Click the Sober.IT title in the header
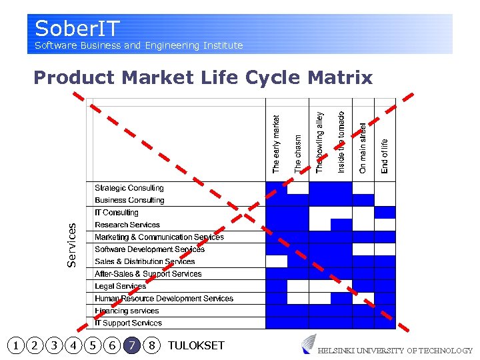tap(77, 28)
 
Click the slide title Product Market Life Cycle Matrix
tap(203, 78)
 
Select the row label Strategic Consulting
tap(129, 188)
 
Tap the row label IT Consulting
tap(117, 213)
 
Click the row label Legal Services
tap(120, 286)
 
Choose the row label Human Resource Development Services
tap(164, 299)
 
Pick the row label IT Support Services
tap(128, 323)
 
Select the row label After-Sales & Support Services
tap(148, 274)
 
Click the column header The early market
tap(277, 144)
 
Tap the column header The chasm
tap(298, 154)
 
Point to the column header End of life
tap(385, 156)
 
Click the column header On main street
tap(363, 148)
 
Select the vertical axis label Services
tap(72, 245)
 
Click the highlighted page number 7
tap(133, 345)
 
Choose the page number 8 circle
tap(153, 345)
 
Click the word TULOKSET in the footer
tap(196, 345)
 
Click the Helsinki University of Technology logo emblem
tap(309, 344)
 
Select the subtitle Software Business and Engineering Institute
tap(139, 45)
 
